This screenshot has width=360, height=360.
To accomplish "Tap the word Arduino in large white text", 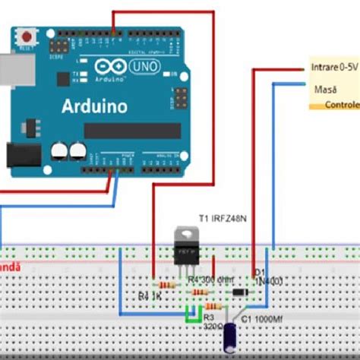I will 95,106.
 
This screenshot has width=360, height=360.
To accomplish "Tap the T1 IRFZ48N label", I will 225,218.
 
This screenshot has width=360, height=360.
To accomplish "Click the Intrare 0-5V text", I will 334,68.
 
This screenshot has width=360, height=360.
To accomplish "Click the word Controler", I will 342,105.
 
